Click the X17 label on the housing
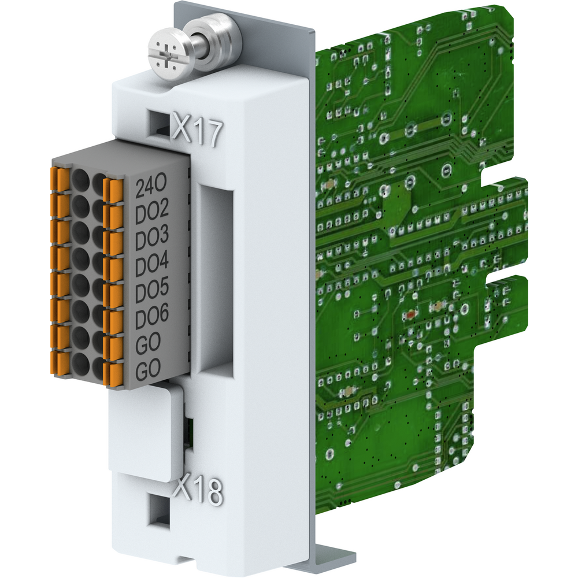coord(198,130)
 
